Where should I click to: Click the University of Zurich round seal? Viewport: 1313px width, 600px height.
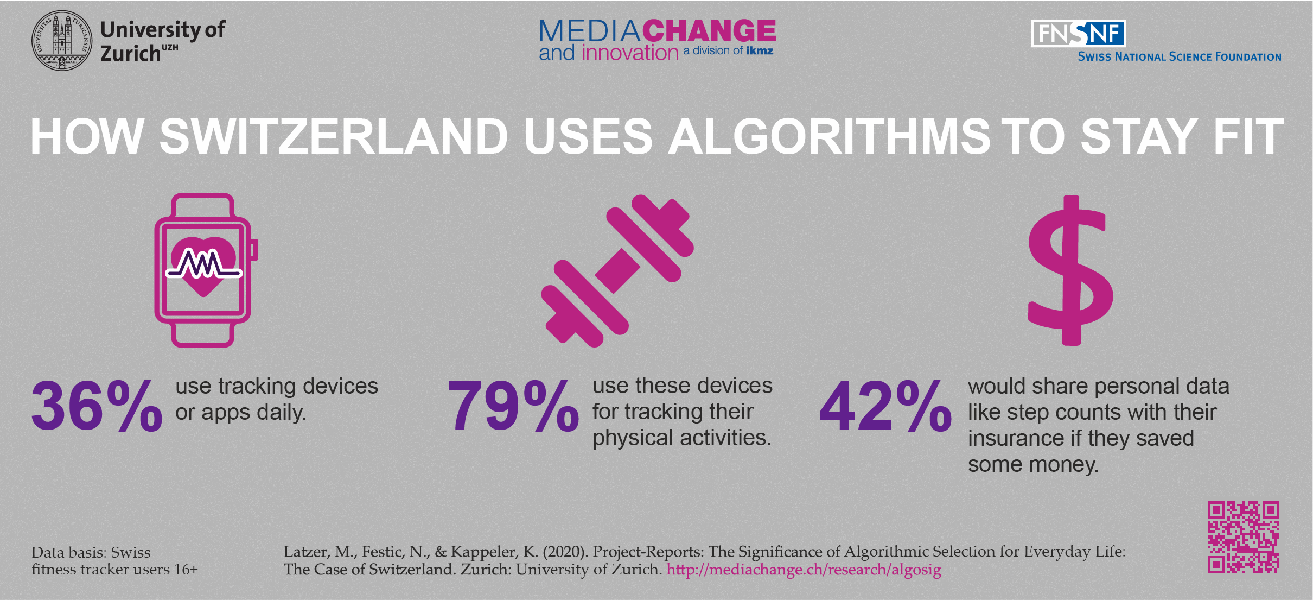61,41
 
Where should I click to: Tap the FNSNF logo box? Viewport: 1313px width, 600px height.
1078,34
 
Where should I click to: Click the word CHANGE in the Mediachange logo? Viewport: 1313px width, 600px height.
710,31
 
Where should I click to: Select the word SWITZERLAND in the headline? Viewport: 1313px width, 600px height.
333,136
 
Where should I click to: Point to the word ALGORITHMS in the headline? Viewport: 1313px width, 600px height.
829,136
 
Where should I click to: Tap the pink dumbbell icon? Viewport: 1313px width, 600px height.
617,270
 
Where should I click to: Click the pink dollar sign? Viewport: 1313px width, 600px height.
1070,270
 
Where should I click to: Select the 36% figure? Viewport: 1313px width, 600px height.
97,406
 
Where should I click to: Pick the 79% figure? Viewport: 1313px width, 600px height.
513,406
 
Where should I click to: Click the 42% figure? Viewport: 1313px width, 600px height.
885,406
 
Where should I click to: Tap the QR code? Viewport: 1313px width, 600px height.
1243,536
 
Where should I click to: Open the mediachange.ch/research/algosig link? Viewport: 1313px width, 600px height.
804,570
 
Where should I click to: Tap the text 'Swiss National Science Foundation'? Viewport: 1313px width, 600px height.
1179,57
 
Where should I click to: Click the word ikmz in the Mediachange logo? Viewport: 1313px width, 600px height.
760,51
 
